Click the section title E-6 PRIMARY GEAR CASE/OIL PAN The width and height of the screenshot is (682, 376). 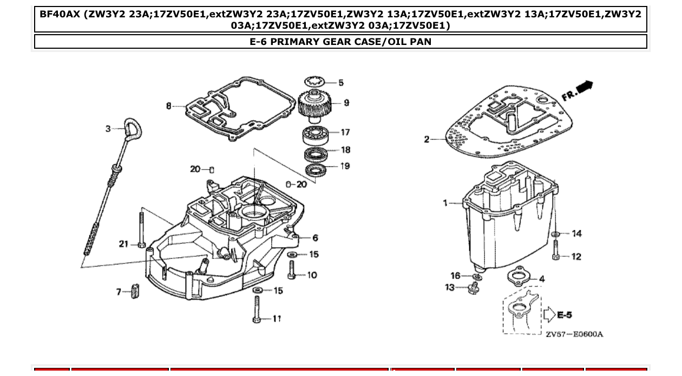[x=340, y=42]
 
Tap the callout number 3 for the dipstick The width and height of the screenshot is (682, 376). [x=108, y=128]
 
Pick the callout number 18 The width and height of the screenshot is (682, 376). [x=346, y=150]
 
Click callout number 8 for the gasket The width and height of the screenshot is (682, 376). [x=169, y=106]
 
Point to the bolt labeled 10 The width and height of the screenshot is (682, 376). [x=292, y=270]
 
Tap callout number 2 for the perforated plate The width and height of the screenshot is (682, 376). [x=427, y=140]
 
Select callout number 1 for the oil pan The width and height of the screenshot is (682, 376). [x=445, y=203]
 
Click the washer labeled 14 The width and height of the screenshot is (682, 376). [x=556, y=234]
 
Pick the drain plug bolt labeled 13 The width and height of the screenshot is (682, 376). [x=474, y=288]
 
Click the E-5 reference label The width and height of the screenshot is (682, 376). [x=565, y=315]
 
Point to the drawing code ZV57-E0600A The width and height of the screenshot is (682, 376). [x=574, y=334]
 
